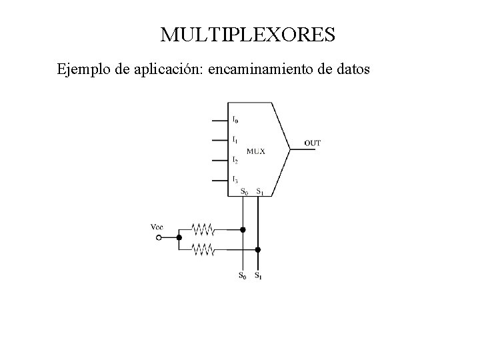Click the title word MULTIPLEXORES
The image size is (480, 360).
tap(247, 35)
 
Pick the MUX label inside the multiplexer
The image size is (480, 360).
tap(256, 151)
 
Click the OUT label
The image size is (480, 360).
tap(313, 143)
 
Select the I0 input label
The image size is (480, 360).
tap(236, 121)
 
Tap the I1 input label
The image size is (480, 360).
tap(236, 140)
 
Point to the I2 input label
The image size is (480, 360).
tap(236, 160)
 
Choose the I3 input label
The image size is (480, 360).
tap(236, 179)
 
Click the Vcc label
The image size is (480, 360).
tap(157, 227)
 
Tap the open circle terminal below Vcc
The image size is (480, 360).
tap(159, 237)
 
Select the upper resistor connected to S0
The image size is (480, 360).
tap(202, 229)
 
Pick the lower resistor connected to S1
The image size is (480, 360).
tap(202, 249)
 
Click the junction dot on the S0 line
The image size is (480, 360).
tap(243, 229)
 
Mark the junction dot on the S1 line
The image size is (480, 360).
tap(258, 249)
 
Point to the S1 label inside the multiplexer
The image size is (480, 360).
tap(260, 192)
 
